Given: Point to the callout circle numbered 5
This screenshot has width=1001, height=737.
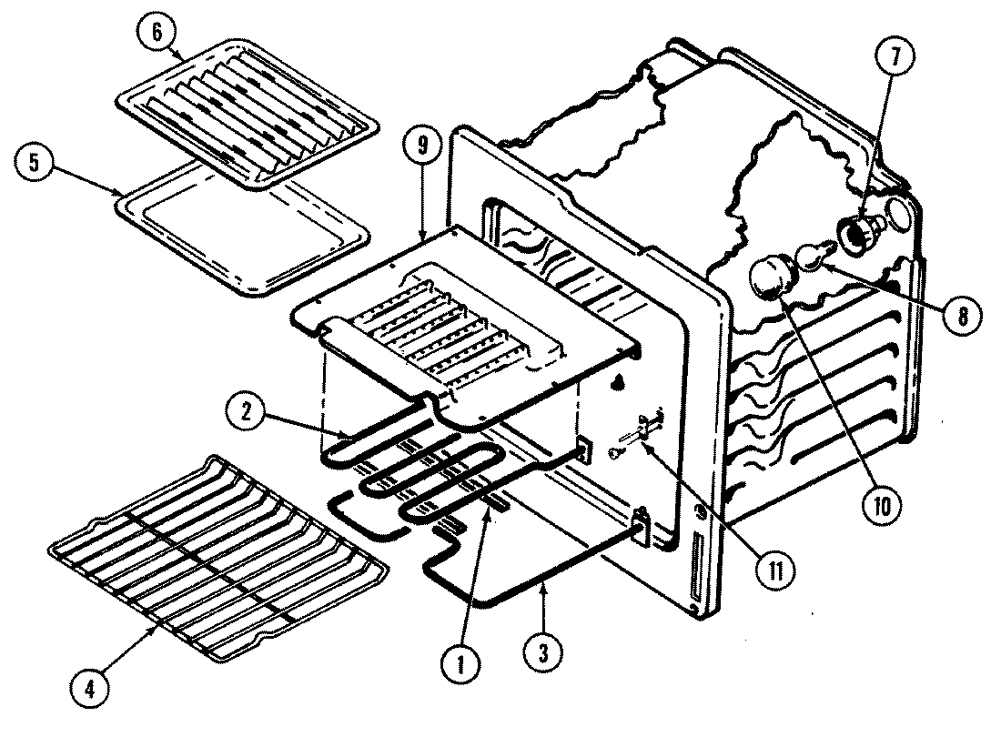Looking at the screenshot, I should (34, 163).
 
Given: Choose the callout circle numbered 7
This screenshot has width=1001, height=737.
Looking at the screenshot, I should (895, 56).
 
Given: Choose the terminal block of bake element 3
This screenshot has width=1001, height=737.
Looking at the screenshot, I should (640, 529).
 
